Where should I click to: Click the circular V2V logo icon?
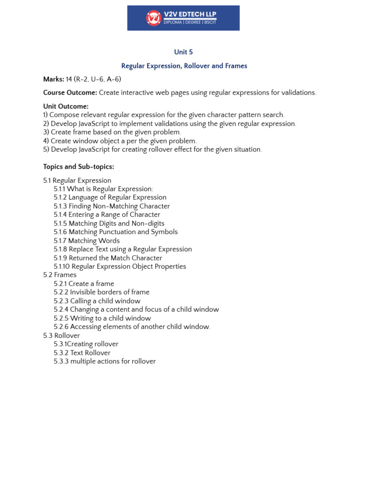tap(153, 18)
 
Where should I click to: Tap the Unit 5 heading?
tap(183, 52)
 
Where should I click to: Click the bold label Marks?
tap(54, 79)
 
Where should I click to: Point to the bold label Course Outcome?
tap(70, 93)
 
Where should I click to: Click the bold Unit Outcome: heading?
tap(66, 106)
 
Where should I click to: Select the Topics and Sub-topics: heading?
tap(78, 167)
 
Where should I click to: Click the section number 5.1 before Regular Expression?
tap(47, 181)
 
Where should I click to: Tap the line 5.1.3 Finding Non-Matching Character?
tap(112, 206)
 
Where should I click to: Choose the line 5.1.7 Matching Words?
tap(86, 241)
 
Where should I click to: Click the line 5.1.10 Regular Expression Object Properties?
tap(120, 266)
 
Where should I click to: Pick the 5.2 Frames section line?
tap(60, 275)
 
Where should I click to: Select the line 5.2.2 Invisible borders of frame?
tap(101, 292)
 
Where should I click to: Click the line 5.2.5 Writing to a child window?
tap(102, 318)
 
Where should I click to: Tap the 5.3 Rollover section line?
tap(61, 336)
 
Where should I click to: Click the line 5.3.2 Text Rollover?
tap(82, 353)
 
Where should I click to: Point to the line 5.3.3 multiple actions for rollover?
tap(105, 361)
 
